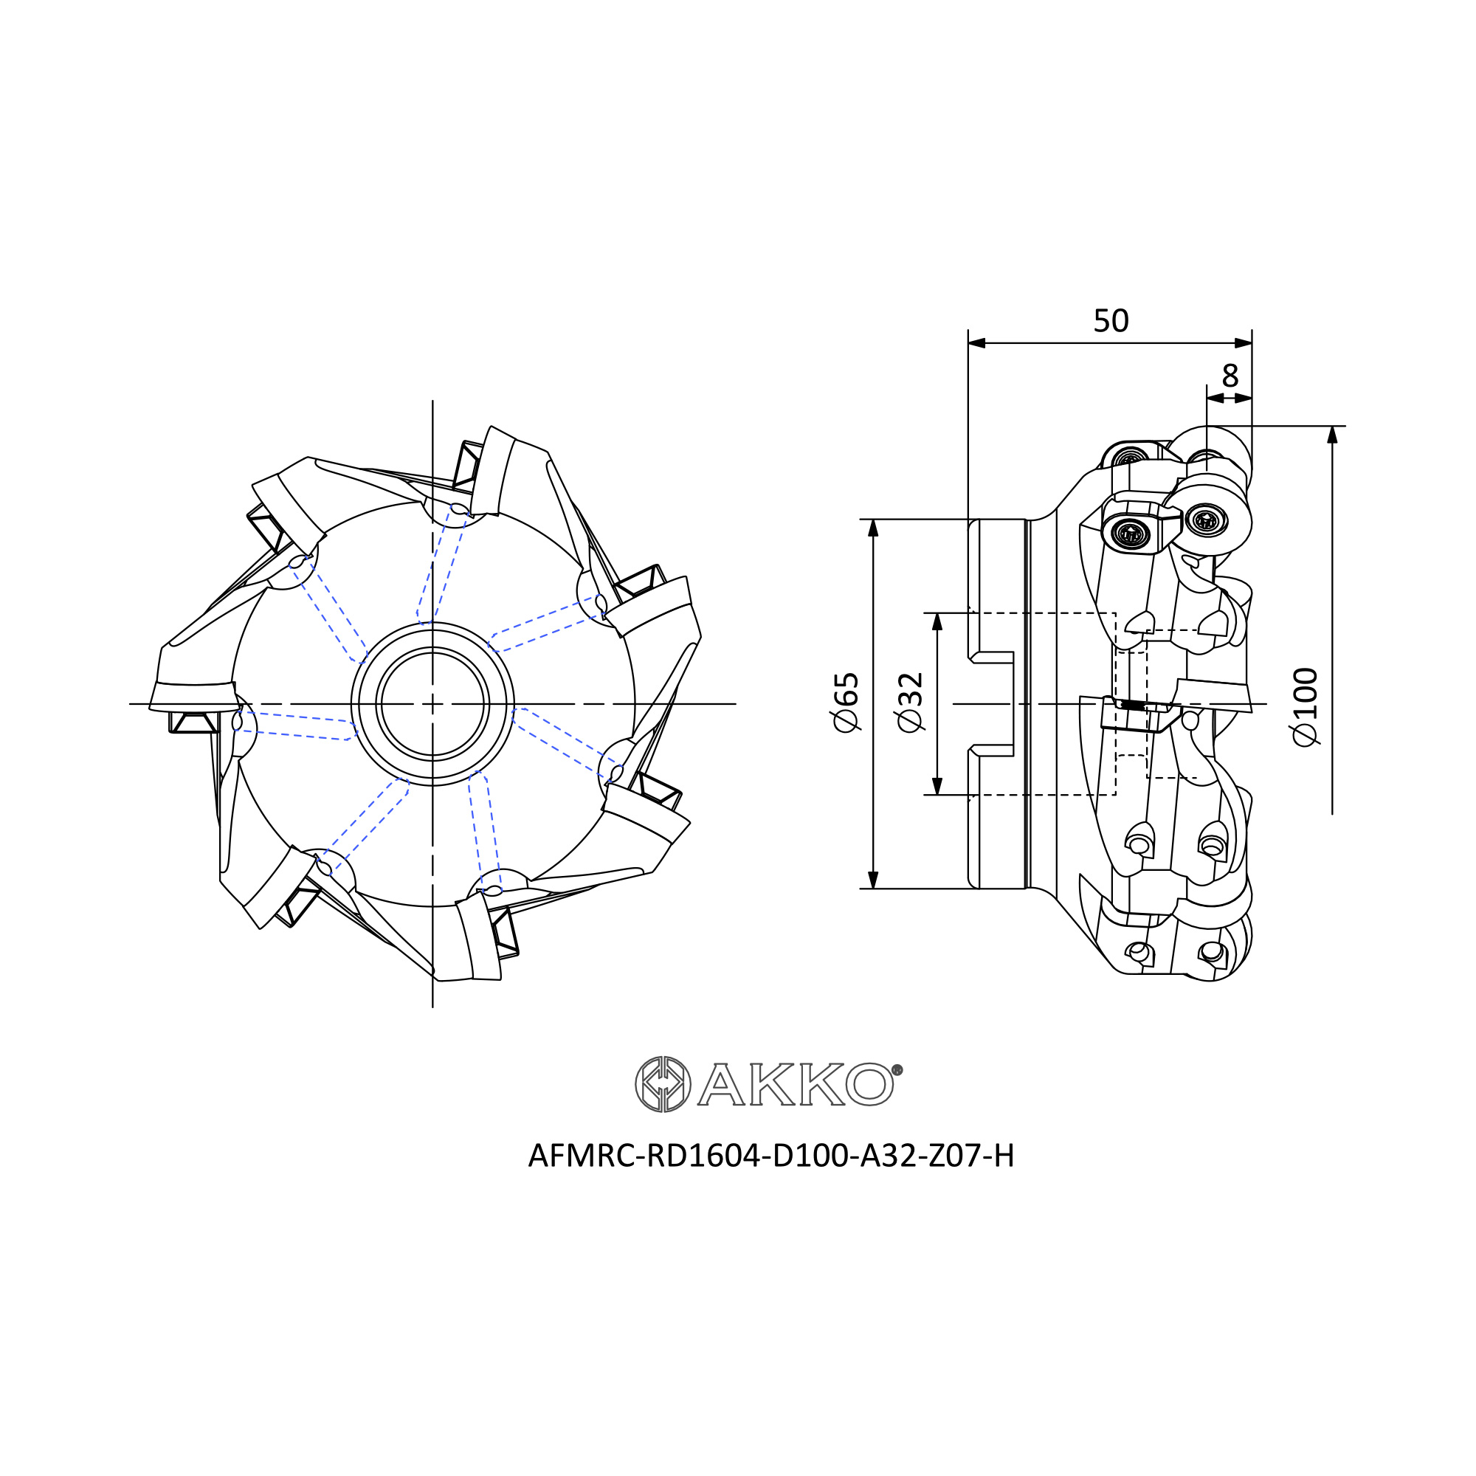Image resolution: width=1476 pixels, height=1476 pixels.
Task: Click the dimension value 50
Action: point(1111,321)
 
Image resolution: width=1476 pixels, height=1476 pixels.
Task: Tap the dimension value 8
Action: point(1230,375)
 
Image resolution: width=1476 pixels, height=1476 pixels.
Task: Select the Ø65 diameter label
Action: point(846,703)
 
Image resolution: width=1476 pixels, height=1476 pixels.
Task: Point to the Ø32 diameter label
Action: point(911,703)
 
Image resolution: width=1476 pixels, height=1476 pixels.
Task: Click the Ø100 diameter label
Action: point(1306,708)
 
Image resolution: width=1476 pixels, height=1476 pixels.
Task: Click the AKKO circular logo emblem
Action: point(663,1085)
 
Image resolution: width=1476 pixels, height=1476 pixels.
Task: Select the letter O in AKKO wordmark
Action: point(869,1085)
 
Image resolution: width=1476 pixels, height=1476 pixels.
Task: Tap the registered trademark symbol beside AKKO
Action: point(897,1069)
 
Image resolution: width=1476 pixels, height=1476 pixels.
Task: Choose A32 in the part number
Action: point(889,1177)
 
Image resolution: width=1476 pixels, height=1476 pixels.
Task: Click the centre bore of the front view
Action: point(432,703)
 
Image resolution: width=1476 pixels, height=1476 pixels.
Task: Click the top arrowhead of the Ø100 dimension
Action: point(1332,434)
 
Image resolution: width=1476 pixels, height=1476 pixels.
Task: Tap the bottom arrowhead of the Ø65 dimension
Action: point(874,880)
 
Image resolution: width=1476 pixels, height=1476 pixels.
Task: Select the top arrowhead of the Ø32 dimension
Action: point(938,622)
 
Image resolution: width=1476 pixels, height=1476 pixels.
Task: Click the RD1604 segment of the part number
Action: point(703,1177)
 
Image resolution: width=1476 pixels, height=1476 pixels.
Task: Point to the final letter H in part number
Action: point(1003,1177)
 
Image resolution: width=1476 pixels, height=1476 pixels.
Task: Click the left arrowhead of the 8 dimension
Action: point(1215,398)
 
